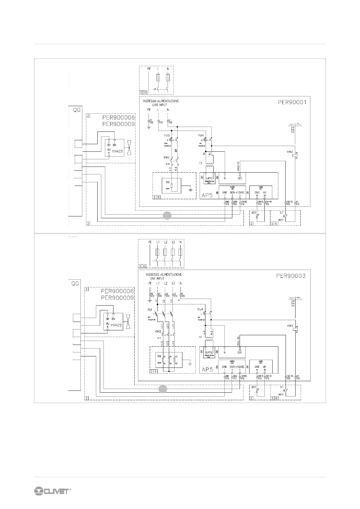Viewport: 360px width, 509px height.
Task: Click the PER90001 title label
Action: click(x=292, y=102)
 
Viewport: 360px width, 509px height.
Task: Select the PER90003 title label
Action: click(x=291, y=276)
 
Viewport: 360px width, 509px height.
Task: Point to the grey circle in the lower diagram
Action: click(x=163, y=389)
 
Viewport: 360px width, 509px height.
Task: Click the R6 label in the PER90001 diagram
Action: click(x=168, y=182)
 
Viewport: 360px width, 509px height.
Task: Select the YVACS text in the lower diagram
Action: click(x=116, y=325)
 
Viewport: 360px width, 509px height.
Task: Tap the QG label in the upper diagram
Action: click(x=77, y=110)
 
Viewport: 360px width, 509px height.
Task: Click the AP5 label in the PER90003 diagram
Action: click(x=208, y=369)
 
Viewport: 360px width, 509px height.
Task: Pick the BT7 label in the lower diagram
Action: click(x=254, y=387)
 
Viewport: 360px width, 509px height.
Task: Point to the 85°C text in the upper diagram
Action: click(x=281, y=220)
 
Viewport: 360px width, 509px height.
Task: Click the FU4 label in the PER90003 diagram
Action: click(x=200, y=309)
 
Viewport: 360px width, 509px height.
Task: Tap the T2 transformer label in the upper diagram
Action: click(x=201, y=163)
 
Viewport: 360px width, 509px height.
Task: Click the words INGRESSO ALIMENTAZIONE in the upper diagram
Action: click(x=161, y=101)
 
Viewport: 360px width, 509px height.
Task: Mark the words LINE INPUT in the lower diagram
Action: click(x=157, y=278)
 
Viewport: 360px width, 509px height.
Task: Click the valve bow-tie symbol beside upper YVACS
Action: click(x=129, y=148)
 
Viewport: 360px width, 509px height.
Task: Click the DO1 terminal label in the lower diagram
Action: click(x=240, y=352)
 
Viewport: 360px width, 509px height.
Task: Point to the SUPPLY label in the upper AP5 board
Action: click(x=210, y=178)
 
